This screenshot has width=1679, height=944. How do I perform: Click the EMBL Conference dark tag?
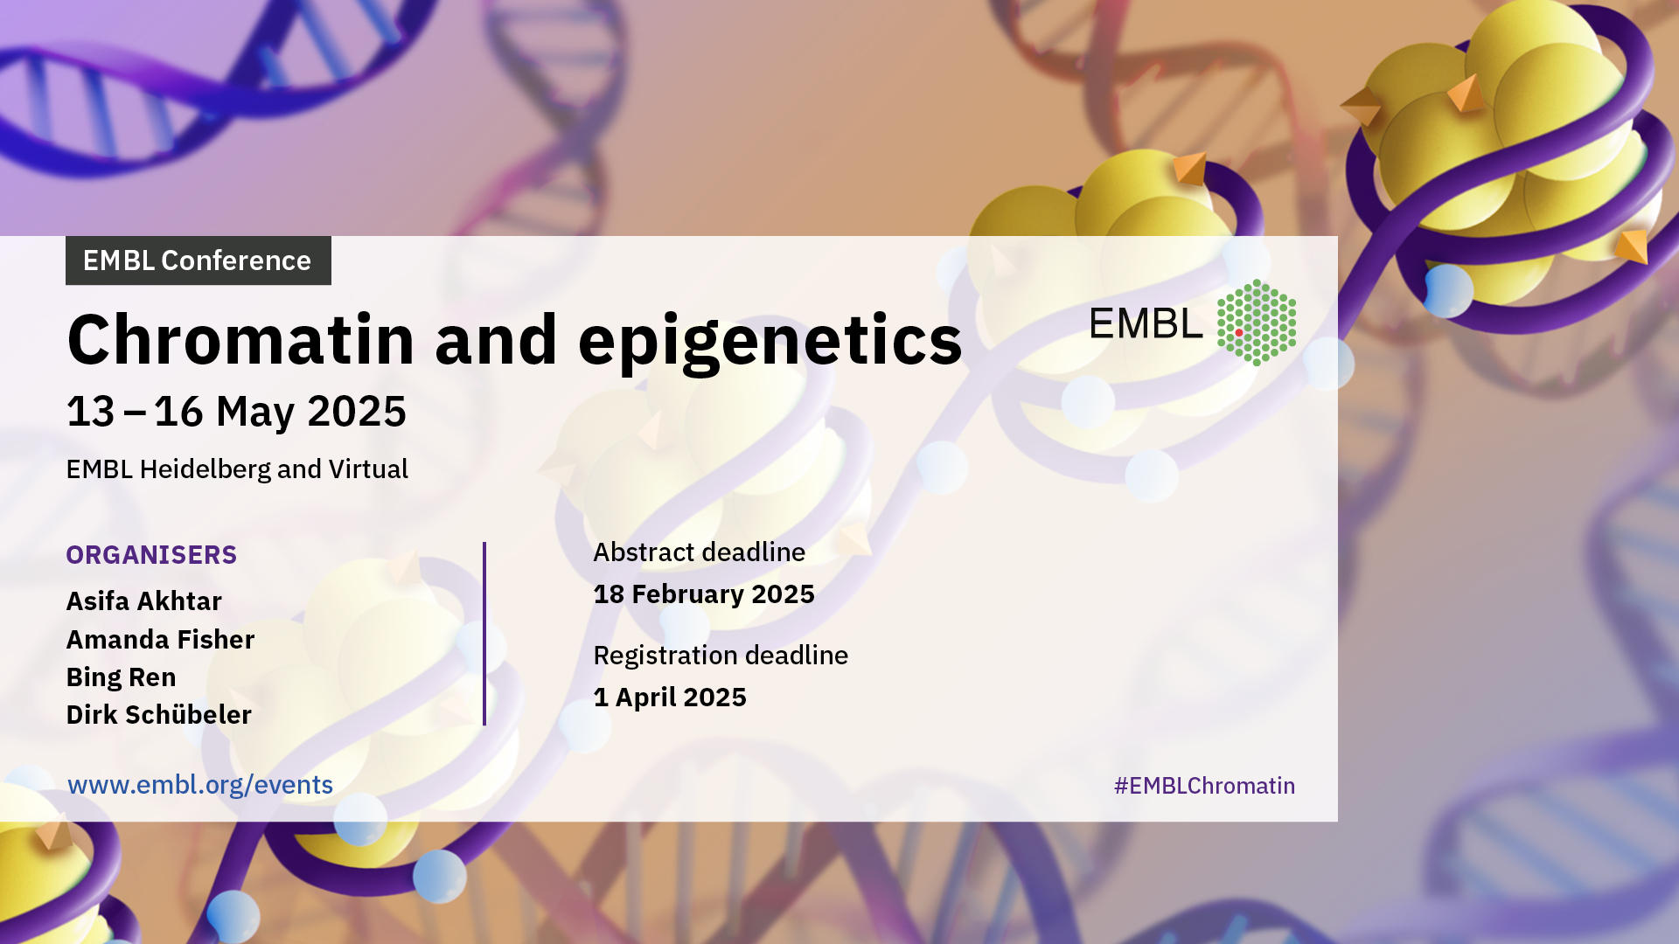199,260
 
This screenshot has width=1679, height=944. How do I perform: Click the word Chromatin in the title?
240,339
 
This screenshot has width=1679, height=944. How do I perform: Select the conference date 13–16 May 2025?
236,411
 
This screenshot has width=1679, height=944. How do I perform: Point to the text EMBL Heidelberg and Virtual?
237,469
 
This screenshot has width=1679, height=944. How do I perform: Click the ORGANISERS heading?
151,555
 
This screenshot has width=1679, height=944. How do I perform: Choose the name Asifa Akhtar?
144,601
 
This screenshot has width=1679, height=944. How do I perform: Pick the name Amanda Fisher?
161,640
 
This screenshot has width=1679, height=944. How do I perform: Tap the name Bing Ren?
122,677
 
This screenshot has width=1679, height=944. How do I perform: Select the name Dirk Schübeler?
159,715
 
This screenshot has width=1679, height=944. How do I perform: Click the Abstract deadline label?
700,552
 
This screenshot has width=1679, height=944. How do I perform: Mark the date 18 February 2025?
704,594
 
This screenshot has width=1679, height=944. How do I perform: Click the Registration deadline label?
721,656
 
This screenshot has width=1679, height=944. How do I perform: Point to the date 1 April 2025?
670,698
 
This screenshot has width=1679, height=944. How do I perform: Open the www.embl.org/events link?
200,785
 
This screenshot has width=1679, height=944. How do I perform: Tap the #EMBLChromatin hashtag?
1204,786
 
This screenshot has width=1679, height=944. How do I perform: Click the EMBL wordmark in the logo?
1146,324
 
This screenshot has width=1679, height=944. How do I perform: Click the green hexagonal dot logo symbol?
1257,323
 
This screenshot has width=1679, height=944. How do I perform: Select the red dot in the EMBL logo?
1239,333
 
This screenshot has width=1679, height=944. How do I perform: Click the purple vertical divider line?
484,634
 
